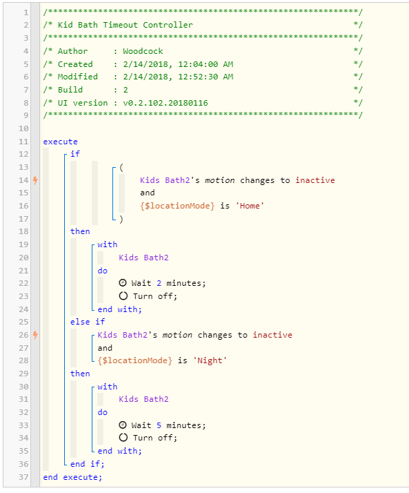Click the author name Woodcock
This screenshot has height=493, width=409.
(143, 51)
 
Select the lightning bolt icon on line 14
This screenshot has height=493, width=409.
(35, 180)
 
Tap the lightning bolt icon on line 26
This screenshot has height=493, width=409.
(35, 335)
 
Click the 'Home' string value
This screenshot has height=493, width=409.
(250, 206)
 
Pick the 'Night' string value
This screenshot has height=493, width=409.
(210, 360)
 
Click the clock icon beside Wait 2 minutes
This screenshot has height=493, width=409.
(123, 283)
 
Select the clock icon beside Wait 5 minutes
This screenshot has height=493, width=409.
(123, 425)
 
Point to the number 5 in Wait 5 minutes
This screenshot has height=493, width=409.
(159, 425)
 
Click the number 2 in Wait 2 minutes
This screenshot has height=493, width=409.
(159, 283)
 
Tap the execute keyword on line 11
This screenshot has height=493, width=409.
(60, 142)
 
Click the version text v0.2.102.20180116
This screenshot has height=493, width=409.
(166, 103)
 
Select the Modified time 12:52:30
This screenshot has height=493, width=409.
(198, 77)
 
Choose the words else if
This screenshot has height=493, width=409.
(88, 322)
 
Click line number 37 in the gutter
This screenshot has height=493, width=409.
(23, 477)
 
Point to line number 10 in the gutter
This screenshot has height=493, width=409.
(23, 128)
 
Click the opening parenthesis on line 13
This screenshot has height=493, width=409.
(121, 168)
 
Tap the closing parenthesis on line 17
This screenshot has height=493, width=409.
(121, 219)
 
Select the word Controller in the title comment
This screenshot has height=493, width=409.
(168, 25)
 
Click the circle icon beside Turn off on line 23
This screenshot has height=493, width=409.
(123, 296)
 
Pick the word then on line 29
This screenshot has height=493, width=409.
(80, 374)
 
